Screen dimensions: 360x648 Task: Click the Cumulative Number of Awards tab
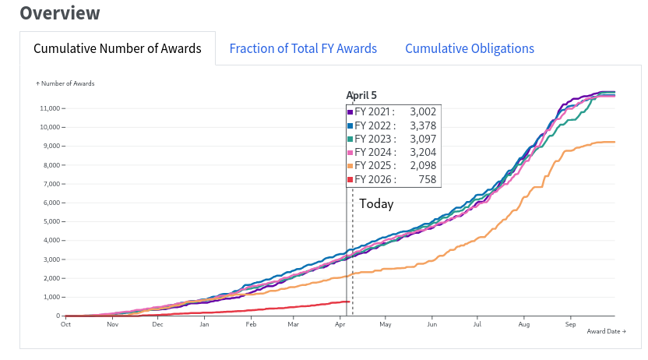(x=118, y=48)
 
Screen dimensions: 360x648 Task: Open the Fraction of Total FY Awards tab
(x=303, y=48)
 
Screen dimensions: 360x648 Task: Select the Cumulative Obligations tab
(x=470, y=48)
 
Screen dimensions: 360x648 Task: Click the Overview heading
(x=60, y=13)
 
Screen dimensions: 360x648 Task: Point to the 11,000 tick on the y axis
(x=48, y=108)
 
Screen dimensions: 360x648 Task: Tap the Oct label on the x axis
(x=66, y=324)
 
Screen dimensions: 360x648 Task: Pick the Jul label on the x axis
(x=477, y=324)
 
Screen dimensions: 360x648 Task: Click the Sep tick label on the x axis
(x=570, y=324)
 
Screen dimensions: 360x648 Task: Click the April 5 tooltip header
(x=361, y=95)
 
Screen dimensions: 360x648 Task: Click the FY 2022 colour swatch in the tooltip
(x=351, y=125)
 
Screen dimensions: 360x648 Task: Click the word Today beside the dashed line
(x=376, y=204)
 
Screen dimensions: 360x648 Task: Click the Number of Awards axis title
(x=67, y=83)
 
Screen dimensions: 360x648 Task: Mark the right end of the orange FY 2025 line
(x=615, y=142)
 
